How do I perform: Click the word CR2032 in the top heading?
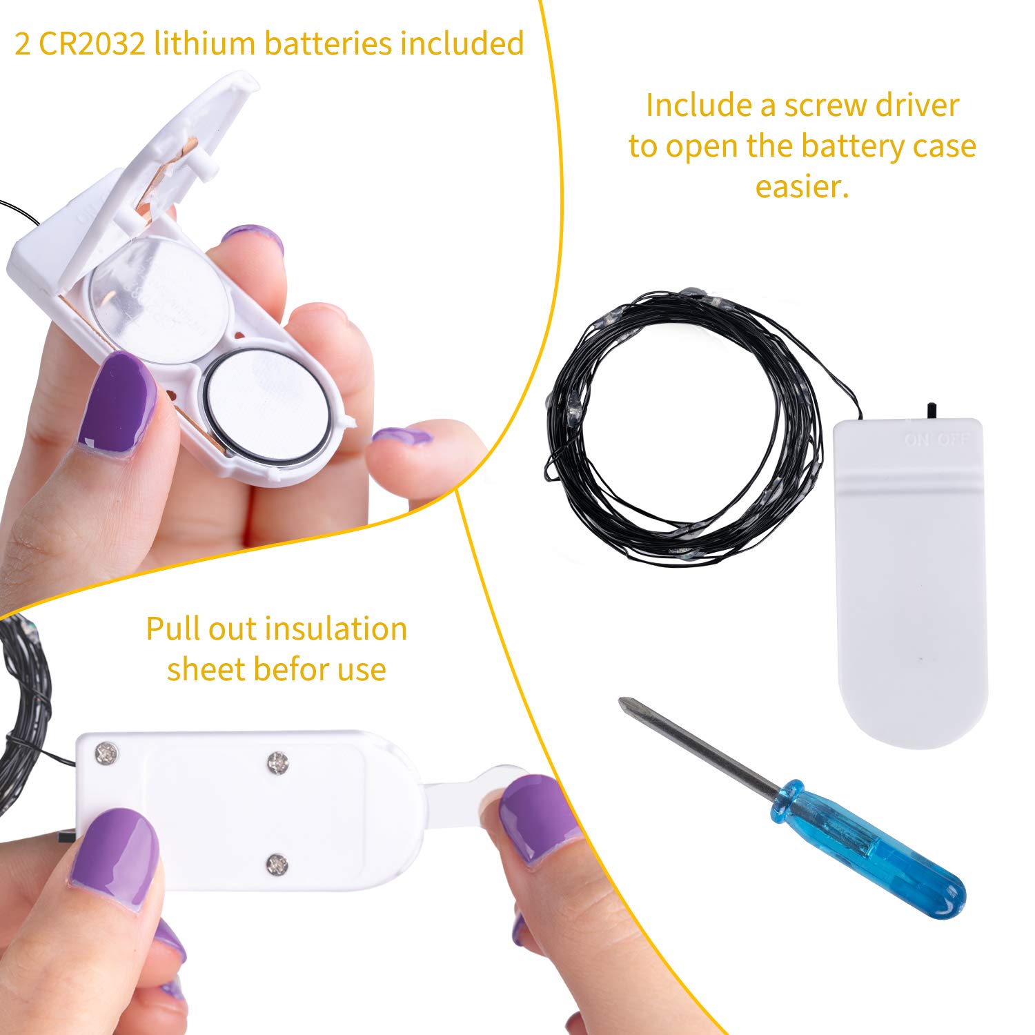pyautogui.click(x=92, y=43)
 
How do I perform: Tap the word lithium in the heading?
pyautogui.click(x=205, y=43)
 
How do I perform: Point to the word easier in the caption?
pyautogui.click(x=802, y=186)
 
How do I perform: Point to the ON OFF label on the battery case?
pyautogui.click(x=937, y=439)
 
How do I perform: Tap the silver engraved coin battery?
pyautogui.click(x=160, y=299)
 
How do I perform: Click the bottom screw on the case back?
pyautogui.click(x=277, y=863)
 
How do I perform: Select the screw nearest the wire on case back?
pyautogui.click(x=107, y=753)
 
